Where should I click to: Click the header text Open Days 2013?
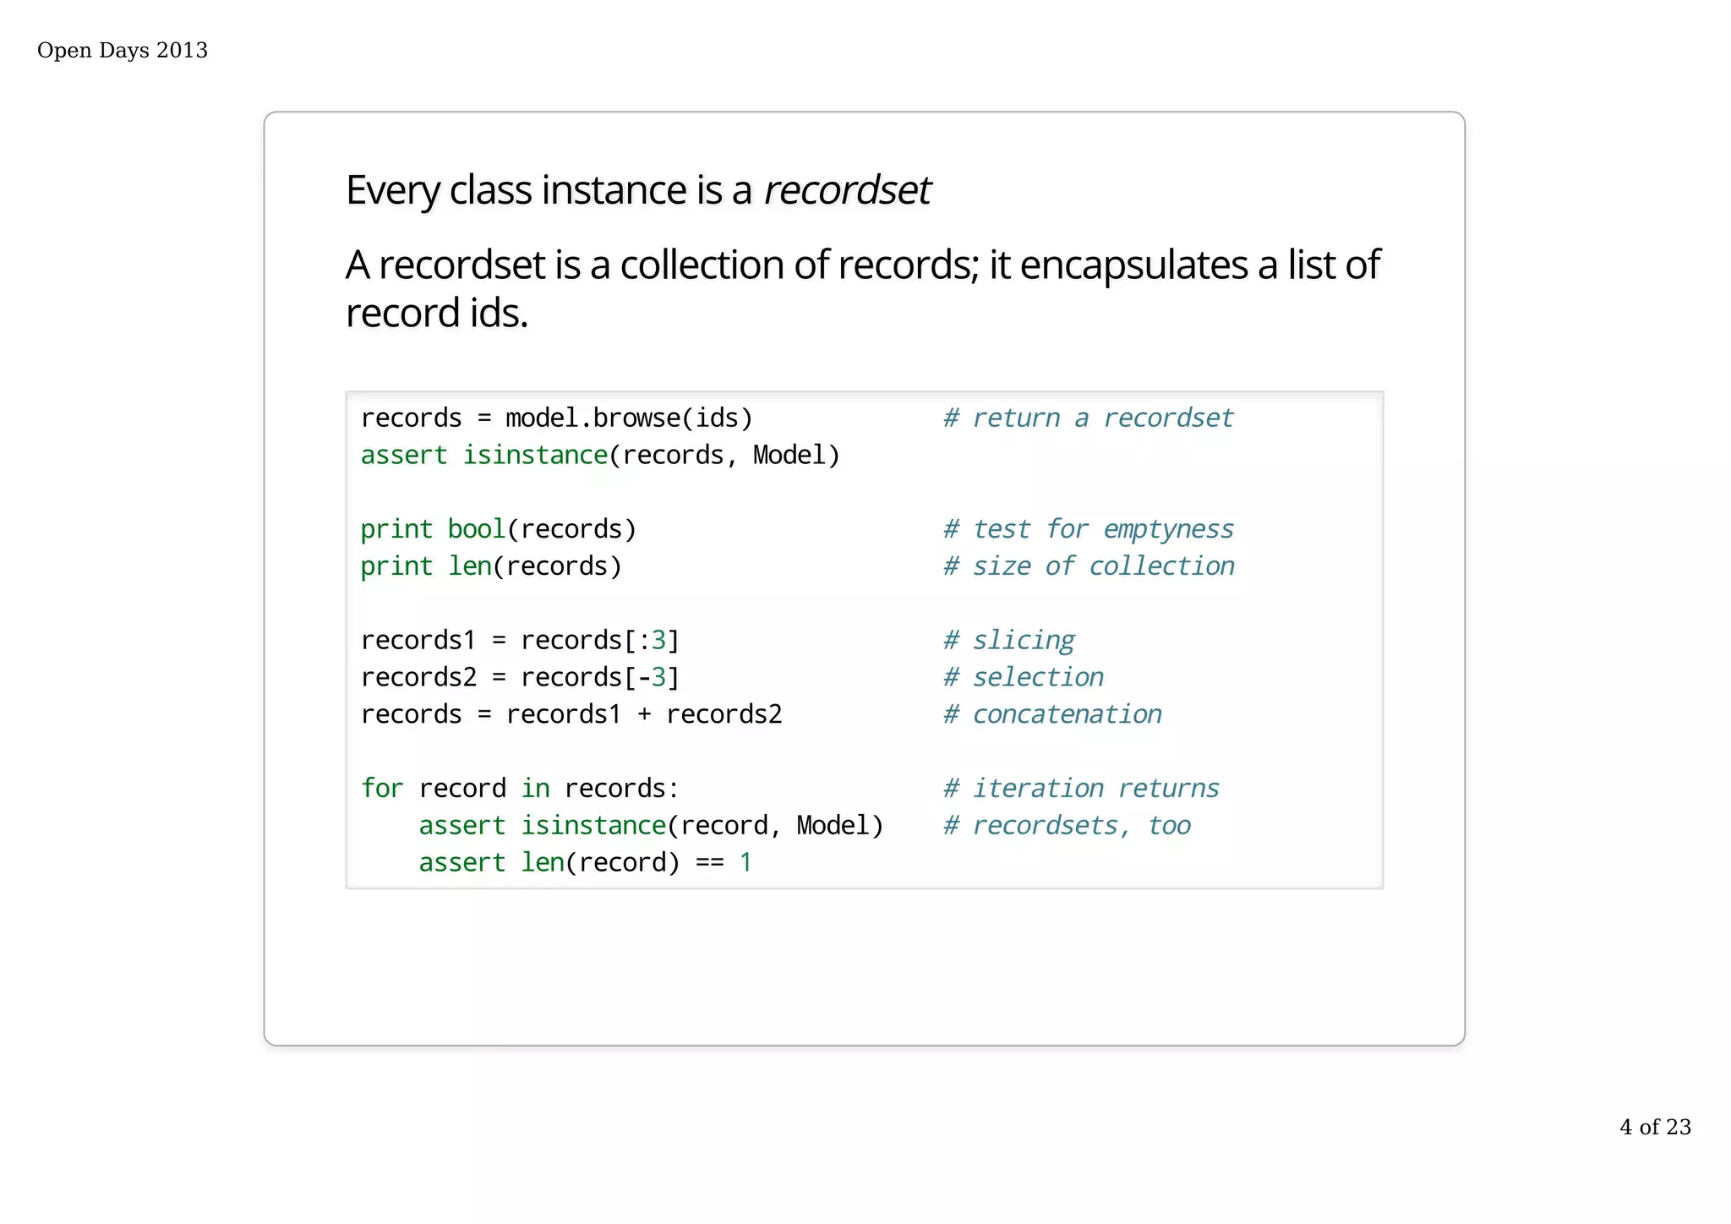[x=123, y=51]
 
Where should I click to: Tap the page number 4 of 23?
[x=1655, y=1127]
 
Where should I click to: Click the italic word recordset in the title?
[x=847, y=189]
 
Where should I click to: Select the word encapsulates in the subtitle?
[x=1133, y=265]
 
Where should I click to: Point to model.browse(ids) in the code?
[x=629, y=418]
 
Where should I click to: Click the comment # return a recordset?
[x=1088, y=418]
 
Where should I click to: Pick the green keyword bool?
[x=476, y=529]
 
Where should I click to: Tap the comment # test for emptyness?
[x=1088, y=529]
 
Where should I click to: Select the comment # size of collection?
[x=1089, y=566]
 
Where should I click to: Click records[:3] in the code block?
[x=600, y=641]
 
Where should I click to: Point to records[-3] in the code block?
[x=600, y=678]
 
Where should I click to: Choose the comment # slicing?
[x=1009, y=641]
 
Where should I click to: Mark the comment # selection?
[x=1024, y=678]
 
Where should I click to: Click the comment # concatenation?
[x=1052, y=715]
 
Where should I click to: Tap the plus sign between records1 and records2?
[x=644, y=715]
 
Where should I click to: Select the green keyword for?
[x=382, y=789]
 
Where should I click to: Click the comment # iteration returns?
[x=1081, y=789]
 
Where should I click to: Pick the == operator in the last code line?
[x=709, y=863]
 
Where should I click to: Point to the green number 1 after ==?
[x=745, y=863]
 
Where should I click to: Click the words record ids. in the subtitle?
[x=436, y=314]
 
